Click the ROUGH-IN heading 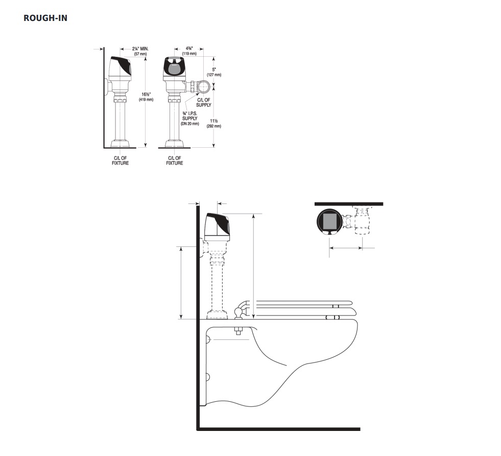pyautogui.click(x=45, y=18)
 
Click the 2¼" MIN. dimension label pyautogui.click(x=140, y=49)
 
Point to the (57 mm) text pyautogui.click(x=140, y=54)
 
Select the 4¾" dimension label pyautogui.click(x=189, y=48)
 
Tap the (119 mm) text pyautogui.click(x=189, y=53)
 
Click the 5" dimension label pyautogui.click(x=214, y=70)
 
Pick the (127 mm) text pyautogui.click(x=214, y=75)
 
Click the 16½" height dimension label pyautogui.click(x=146, y=95)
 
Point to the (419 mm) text pyautogui.click(x=146, y=100)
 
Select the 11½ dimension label pyautogui.click(x=214, y=121)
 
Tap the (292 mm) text pyautogui.click(x=214, y=126)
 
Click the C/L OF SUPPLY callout pyautogui.click(x=204, y=102)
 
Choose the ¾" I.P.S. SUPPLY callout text pyautogui.click(x=190, y=116)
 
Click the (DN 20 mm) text pyautogui.click(x=190, y=123)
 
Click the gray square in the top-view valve pyautogui.click(x=330, y=221)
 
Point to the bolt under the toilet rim pyautogui.click(x=237, y=331)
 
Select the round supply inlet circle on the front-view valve pyautogui.click(x=204, y=86)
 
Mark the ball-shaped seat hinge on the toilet pyautogui.click(x=238, y=311)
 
